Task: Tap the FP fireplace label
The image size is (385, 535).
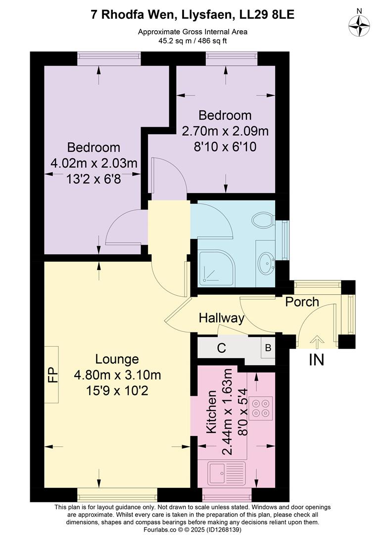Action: coord(51,374)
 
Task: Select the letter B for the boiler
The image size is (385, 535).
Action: coord(268,348)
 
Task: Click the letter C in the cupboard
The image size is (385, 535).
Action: coord(222,348)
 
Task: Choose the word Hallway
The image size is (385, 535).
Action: coord(222,319)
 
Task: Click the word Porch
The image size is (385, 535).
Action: coord(302,302)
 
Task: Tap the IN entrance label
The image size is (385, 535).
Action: coord(316,360)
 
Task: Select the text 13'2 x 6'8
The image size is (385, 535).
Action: coord(94,179)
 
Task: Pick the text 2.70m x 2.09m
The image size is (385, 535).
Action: coord(225,131)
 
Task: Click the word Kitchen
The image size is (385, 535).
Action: coord(212,412)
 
